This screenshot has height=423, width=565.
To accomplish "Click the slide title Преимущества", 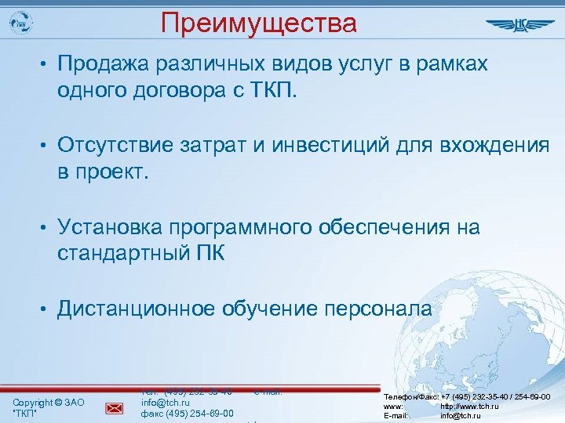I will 259,22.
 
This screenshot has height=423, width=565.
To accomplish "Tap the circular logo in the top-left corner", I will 24,23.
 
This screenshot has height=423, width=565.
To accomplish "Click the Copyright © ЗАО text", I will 49,402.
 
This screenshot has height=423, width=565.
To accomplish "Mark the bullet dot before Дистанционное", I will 46,309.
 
